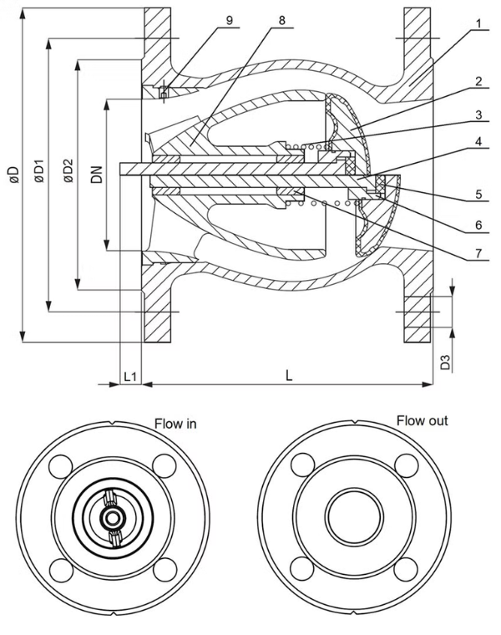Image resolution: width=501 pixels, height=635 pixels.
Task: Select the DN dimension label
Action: tap(98, 175)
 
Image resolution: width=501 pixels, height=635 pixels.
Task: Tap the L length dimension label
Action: tap(288, 376)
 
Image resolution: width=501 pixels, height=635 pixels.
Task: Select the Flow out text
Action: tap(422, 420)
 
